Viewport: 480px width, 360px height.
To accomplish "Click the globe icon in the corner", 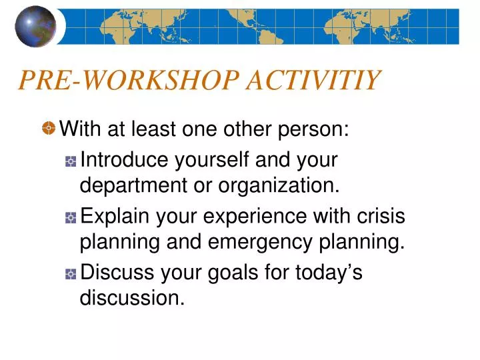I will [35, 26].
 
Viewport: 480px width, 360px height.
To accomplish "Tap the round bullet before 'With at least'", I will [49, 128].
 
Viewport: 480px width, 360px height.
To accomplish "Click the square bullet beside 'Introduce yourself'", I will [71, 161].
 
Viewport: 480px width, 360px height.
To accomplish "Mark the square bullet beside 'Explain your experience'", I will [71, 218].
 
